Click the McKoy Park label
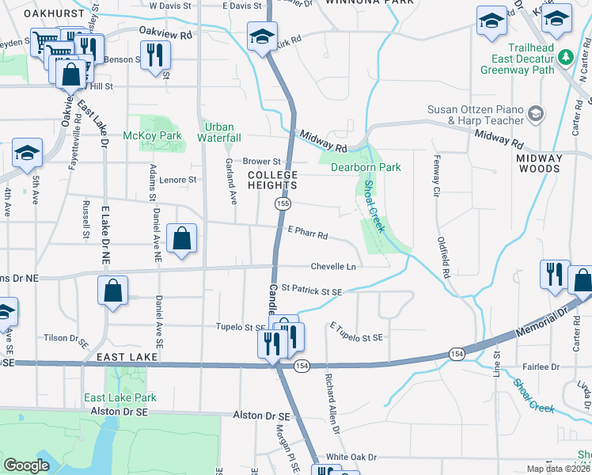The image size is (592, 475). tap(153, 136)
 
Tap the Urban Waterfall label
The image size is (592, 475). tap(219, 132)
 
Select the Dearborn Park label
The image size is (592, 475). tap(366, 167)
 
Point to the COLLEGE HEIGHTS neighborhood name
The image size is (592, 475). tap(272, 180)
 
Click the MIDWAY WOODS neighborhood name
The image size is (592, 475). tap(539, 164)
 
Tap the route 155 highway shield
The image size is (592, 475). tap(282, 204)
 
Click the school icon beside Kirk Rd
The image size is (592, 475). tap(262, 36)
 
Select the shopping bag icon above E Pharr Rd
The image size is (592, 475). tap(182, 238)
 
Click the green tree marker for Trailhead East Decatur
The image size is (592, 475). tap(565, 57)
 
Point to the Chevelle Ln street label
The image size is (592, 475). tap(333, 268)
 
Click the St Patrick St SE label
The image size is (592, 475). tap(311, 291)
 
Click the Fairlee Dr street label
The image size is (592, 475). tap(542, 367)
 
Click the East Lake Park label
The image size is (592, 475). tap(120, 397)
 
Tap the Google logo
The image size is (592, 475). tap(26, 465)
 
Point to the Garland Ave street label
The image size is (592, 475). tap(230, 178)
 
